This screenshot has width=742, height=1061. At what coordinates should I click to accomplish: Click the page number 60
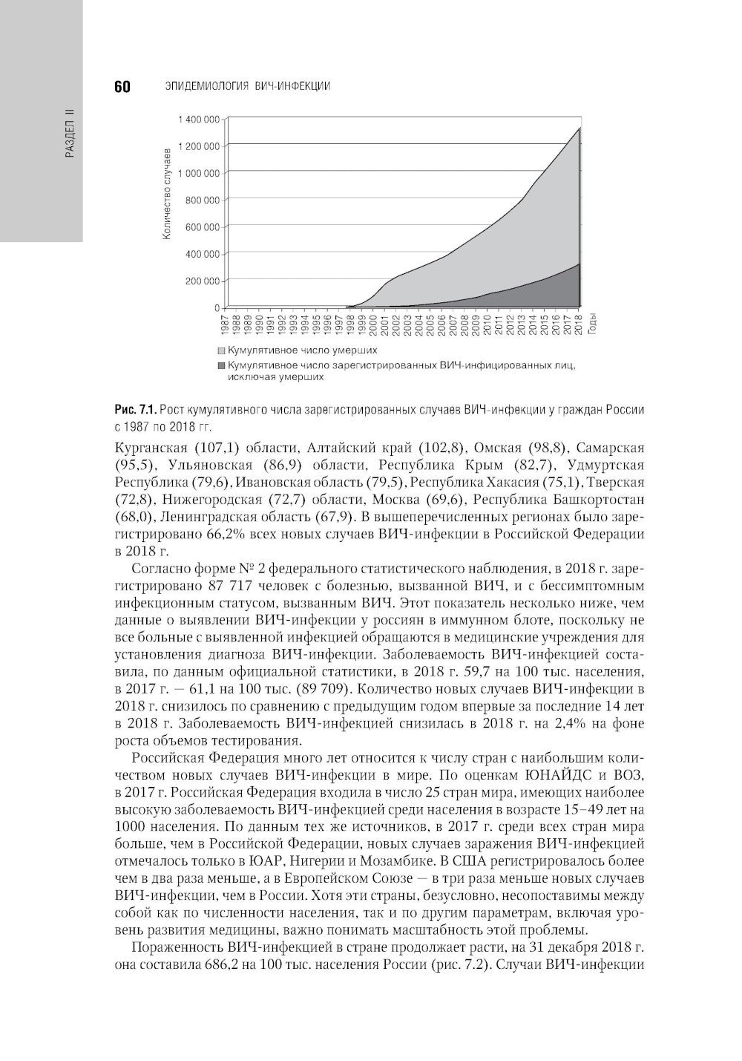(122, 87)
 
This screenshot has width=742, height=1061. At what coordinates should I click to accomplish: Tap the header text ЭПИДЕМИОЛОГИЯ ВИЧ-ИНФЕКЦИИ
(246, 87)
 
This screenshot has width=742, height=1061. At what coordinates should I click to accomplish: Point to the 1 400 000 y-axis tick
(199, 119)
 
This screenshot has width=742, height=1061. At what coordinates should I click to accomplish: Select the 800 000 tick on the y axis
(203, 200)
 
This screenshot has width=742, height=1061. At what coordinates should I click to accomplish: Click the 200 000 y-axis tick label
(203, 281)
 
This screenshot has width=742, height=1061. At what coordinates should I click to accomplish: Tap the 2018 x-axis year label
(578, 324)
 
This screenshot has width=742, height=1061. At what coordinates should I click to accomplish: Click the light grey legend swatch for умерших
(221, 350)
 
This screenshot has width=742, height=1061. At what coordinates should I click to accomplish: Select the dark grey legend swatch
(221, 365)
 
